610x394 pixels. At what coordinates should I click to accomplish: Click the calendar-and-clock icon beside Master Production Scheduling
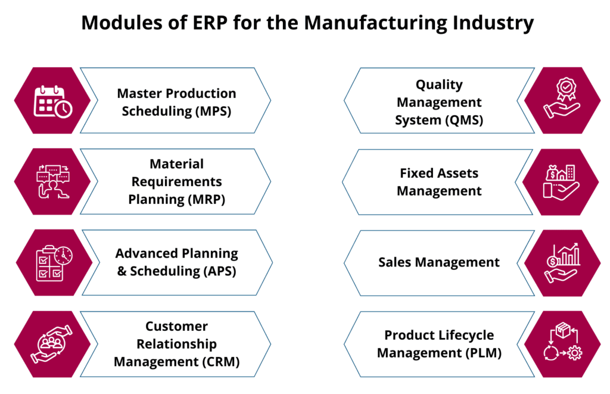tap(52, 100)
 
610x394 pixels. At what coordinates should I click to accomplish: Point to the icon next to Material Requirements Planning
tap(52, 181)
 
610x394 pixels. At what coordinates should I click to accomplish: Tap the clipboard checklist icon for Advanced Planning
tap(52, 263)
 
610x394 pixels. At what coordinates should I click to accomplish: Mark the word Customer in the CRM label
tap(176, 326)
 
